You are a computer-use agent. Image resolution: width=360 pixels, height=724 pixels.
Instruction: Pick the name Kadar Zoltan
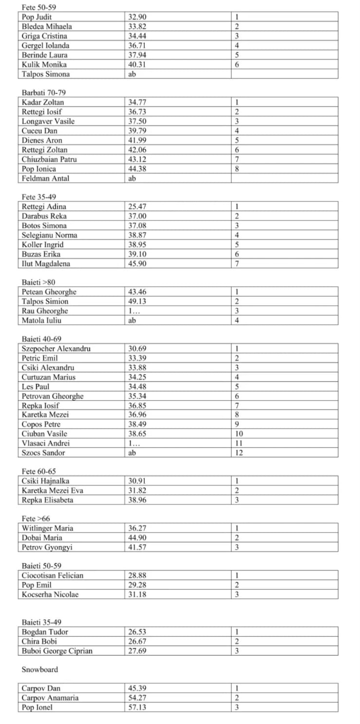tap(43, 103)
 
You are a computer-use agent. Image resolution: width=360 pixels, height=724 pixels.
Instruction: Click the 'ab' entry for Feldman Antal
tap(132, 178)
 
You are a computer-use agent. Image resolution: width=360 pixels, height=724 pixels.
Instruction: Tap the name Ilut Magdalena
tap(46, 264)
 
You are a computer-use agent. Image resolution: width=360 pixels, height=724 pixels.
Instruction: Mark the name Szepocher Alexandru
tap(56, 349)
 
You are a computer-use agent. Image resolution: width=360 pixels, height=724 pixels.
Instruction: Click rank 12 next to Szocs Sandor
tap(239, 453)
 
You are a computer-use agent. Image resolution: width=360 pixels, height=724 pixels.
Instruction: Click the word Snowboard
tap(40, 670)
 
